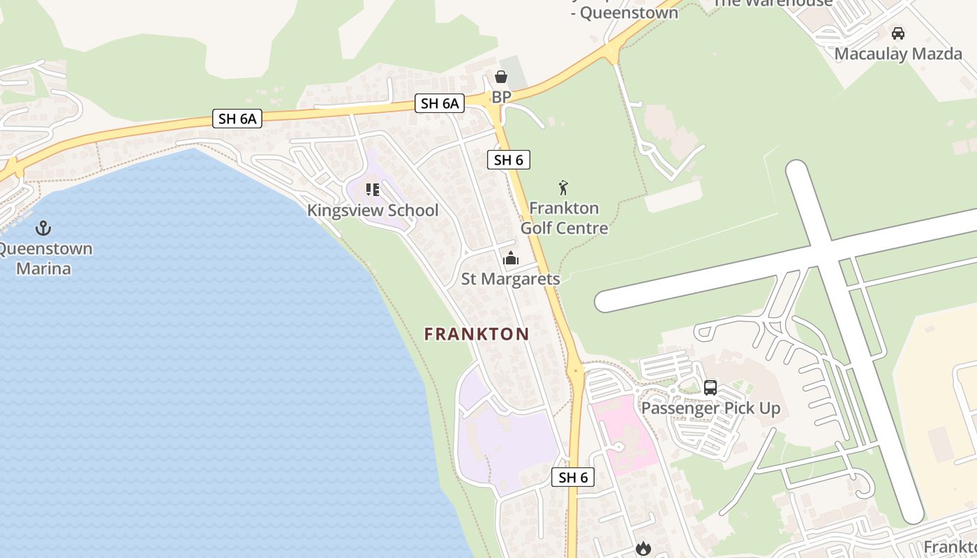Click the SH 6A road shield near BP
pos(439,104)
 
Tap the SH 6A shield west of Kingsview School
pos(237,119)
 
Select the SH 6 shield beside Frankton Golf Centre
pos(508,160)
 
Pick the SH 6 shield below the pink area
pos(573,477)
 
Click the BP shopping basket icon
pos(501,77)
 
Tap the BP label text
pos(501,97)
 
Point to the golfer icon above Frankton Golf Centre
pos(564,188)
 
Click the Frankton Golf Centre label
pos(564,218)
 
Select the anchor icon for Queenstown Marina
pos(43,228)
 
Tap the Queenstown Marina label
pos(44,259)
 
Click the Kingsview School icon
pos(373,190)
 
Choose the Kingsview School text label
pos(373,211)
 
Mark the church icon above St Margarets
pos(511,259)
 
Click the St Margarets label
pos(511,279)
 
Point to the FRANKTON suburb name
pos(477,334)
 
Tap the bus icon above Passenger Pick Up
pos(710,388)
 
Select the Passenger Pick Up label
pos(710,408)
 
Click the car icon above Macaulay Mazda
pos(898,33)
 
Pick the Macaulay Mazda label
pos(898,54)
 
